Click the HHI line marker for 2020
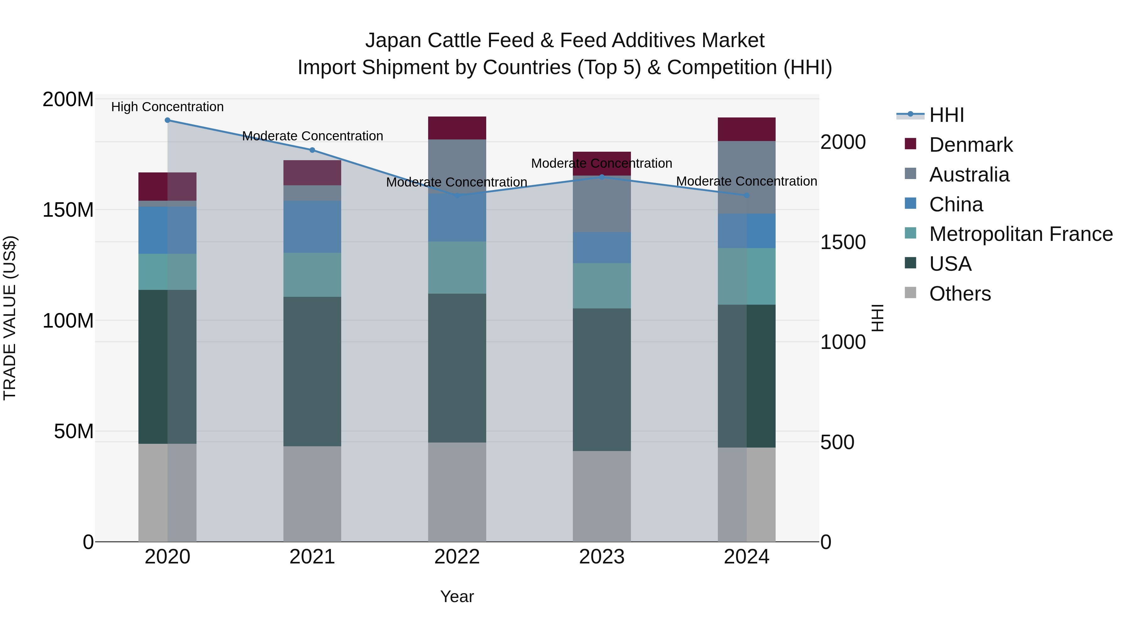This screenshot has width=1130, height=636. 168,120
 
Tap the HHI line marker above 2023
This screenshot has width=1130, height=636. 602,177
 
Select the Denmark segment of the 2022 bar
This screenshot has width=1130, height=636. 457,128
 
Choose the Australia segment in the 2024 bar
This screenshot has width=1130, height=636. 747,177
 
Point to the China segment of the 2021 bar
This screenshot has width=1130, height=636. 312,227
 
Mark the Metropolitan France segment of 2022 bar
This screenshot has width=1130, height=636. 457,268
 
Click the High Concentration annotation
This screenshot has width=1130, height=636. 168,107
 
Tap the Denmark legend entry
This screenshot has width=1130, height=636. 971,145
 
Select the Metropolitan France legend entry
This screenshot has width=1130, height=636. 1021,234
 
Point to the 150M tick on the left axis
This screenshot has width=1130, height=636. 68,210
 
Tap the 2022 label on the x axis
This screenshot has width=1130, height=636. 457,557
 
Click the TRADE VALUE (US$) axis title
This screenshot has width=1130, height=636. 10,318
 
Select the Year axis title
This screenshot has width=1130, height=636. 457,596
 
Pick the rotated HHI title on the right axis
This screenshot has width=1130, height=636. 877,318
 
